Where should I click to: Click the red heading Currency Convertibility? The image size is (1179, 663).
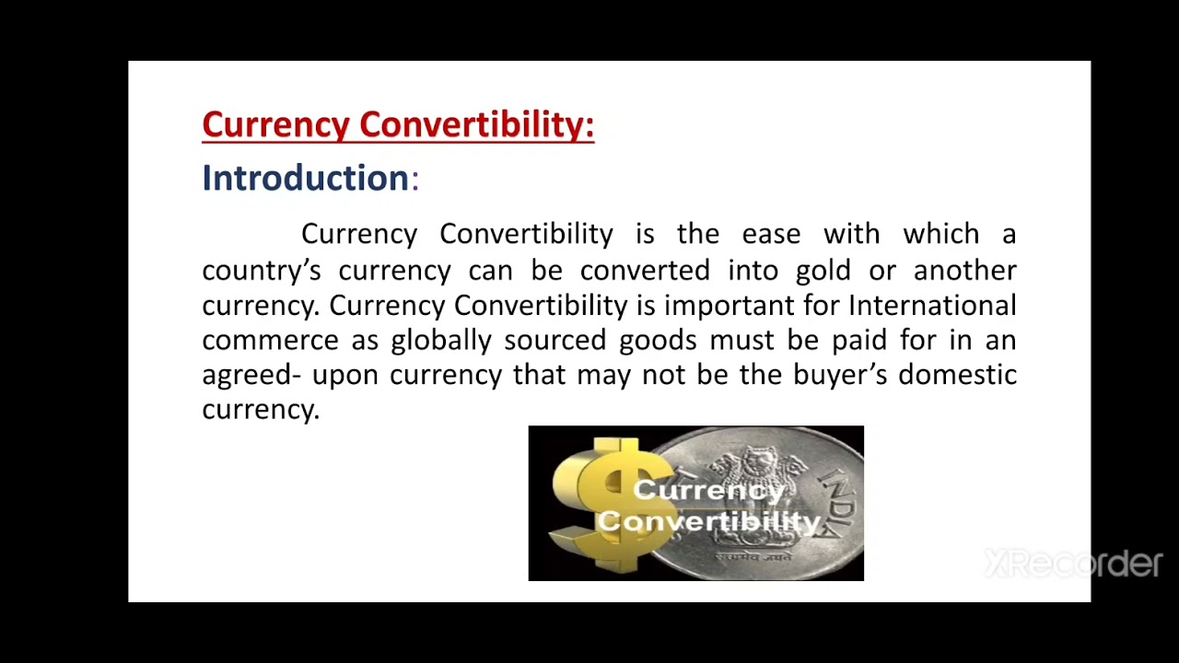(398, 125)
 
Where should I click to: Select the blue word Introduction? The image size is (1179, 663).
(305, 178)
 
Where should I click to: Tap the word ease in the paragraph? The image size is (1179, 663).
(771, 234)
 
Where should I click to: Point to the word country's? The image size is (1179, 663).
(261, 271)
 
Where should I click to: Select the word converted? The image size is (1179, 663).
(644, 270)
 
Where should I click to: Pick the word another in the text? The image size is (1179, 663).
(964, 270)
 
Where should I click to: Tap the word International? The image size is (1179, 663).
(932, 305)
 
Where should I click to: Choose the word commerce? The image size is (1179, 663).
(270, 341)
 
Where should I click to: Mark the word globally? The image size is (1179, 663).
(441, 341)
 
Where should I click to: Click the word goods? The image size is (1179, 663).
(658, 341)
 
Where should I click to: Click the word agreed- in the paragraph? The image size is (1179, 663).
(251, 376)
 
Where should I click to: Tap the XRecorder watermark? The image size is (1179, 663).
(1073, 563)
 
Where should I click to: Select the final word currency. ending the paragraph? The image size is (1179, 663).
(261, 410)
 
